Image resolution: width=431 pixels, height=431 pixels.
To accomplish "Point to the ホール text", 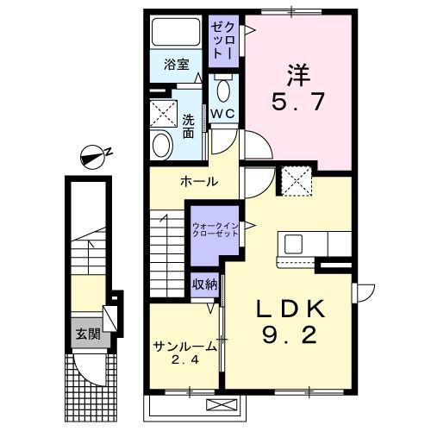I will tap(198, 182).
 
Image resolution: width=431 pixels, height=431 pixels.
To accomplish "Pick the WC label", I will tap(223, 112).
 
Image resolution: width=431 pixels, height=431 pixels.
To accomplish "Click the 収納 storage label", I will tap(204, 284).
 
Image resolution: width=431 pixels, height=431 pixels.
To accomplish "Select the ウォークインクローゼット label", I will tap(215, 232).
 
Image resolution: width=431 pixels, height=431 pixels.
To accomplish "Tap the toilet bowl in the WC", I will tap(223, 90).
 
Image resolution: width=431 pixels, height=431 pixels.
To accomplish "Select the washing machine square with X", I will tap(162, 113).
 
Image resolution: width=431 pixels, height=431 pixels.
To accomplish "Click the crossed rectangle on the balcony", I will tap(220, 404).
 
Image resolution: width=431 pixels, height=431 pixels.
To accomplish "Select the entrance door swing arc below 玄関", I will tap(86, 371).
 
